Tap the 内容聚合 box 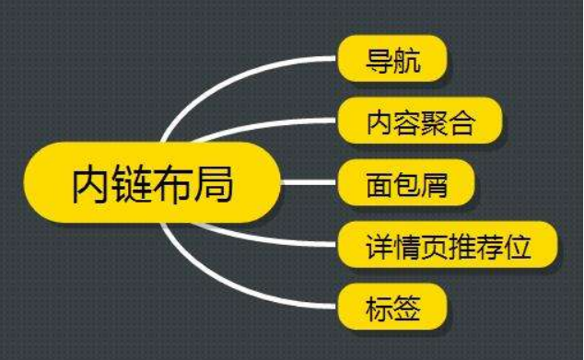[420, 122]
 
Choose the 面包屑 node [406, 182]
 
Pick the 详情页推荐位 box [448, 245]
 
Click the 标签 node [392, 308]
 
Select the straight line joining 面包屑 [309, 182]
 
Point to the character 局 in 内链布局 [214, 182]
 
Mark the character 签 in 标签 [406, 308]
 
